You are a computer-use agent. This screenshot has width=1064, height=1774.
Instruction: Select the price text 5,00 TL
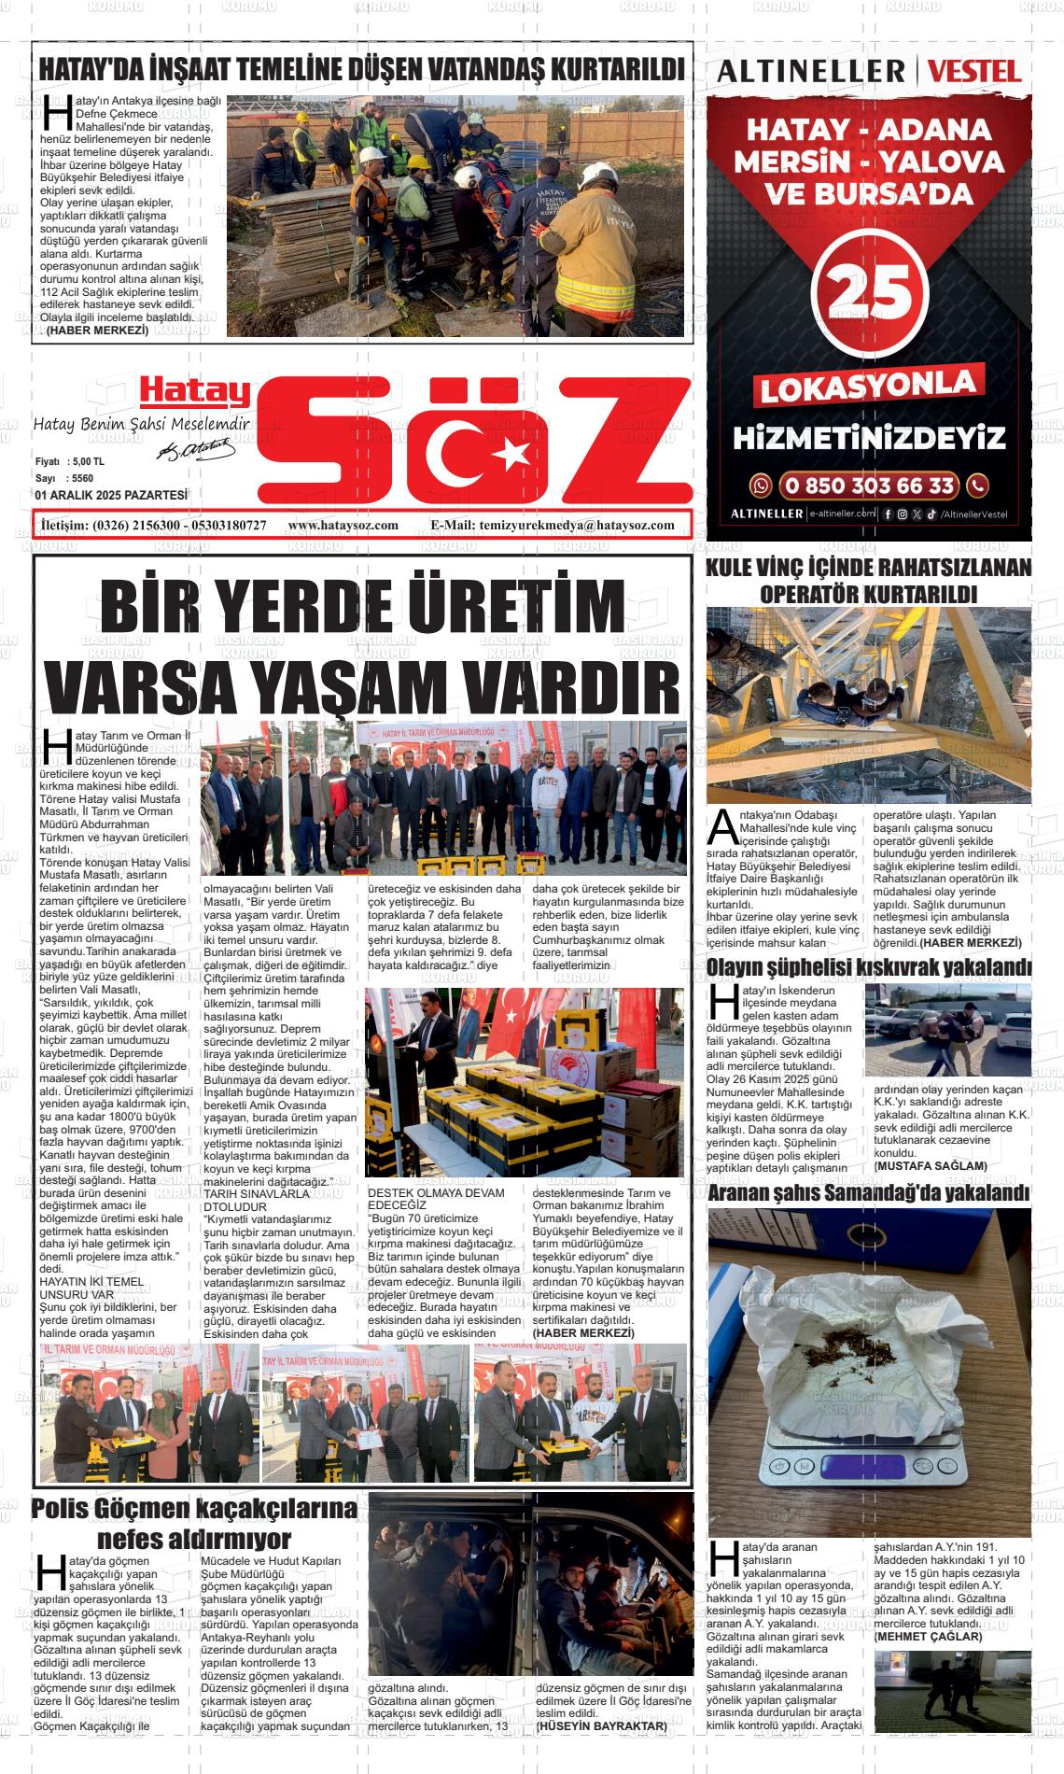(88, 462)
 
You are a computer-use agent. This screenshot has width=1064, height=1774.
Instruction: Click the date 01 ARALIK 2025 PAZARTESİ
(111, 495)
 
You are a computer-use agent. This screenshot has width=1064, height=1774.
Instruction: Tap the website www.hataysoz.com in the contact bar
(343, 525)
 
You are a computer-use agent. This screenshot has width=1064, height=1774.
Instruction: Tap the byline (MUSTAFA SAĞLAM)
(931, 1166)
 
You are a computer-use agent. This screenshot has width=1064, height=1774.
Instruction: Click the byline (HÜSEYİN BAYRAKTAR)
(602, 1726)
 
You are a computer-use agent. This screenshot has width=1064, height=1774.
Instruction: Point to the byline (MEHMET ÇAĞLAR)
(929, 1637)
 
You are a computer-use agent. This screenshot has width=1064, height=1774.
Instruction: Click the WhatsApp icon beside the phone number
(762, 486)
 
